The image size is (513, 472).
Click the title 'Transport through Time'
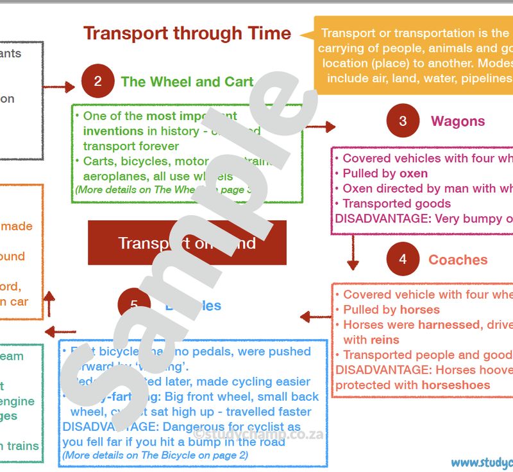(187, 33)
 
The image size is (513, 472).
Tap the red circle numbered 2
(97, 81)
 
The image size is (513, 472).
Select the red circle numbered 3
(403, 121)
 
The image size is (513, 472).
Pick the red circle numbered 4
(403, 259)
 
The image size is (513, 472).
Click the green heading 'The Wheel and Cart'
(187, 82)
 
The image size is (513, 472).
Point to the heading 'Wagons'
(458, 121)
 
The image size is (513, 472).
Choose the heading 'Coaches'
(458, 259)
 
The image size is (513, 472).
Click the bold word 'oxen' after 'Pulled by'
(414, 173)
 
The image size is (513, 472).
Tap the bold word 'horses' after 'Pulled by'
(420, 310)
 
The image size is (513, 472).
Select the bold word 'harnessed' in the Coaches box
(448, 325)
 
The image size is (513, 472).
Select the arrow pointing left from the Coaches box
(315, 316)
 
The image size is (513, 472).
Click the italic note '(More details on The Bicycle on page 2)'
(155, 455)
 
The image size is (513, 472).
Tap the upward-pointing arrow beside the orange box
(49, 301)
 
